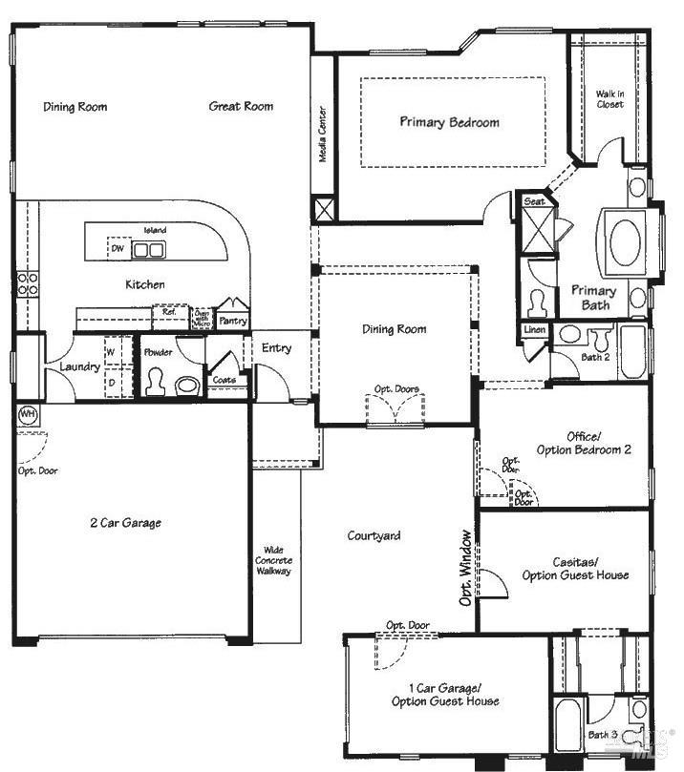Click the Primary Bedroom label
tap(449, 122)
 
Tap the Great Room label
tap(241, 106)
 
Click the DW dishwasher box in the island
tap(118, 249)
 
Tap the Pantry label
tap(232, 322)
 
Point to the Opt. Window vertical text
tap(465, 568)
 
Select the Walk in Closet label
tap(609, 98)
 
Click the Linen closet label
tap(534, 330)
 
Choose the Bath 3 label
tap(602, 735)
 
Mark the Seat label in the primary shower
tap(534, 201)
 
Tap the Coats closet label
tap(225, 380)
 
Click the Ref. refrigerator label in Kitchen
tap(168, 312)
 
